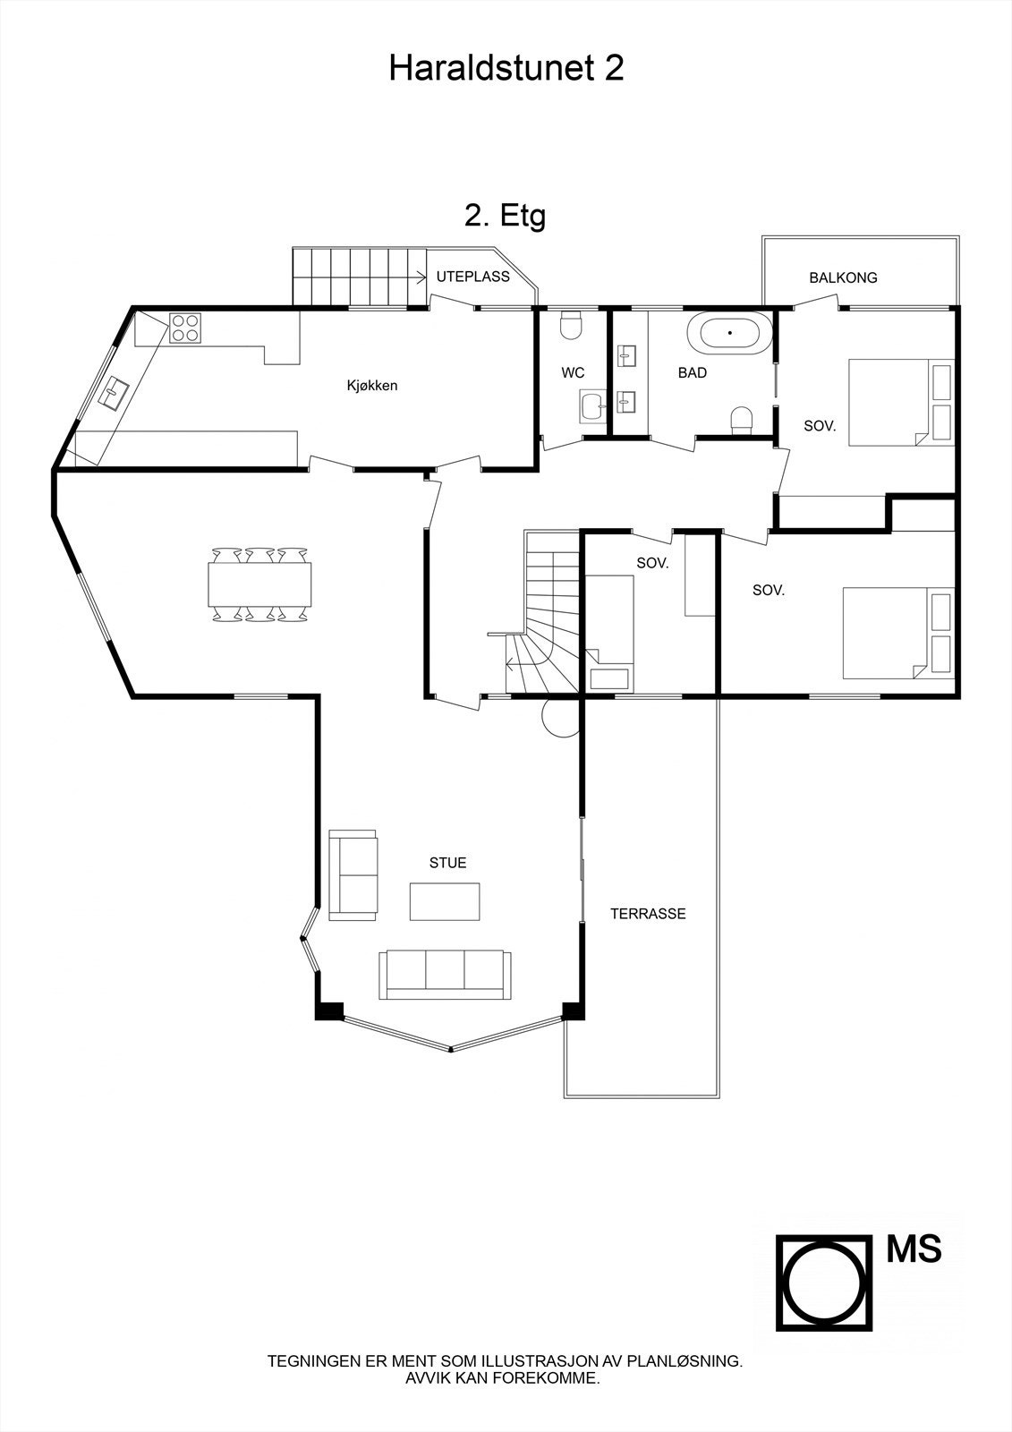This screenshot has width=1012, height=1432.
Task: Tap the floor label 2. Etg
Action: coord(505,216)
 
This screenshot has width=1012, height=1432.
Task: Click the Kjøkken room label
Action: coord(372,386)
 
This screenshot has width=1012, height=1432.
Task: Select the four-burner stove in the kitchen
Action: coord(185,328)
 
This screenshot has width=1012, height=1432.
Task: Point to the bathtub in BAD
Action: coord(729,333)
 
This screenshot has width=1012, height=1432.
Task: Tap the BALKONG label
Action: coord(843,277)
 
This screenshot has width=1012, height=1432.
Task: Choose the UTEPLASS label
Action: coord(472,277)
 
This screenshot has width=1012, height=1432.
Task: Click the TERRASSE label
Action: coord(648,914)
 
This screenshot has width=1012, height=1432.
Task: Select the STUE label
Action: coord(447,863)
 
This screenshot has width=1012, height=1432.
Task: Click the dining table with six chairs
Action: coord(260,584)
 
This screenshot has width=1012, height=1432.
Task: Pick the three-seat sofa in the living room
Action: coord(445,975)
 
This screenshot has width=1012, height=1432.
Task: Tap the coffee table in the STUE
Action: coord(445,900)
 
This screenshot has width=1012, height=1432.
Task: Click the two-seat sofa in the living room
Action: coord(353,874)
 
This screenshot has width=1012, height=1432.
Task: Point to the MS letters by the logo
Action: coord(914,1249)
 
